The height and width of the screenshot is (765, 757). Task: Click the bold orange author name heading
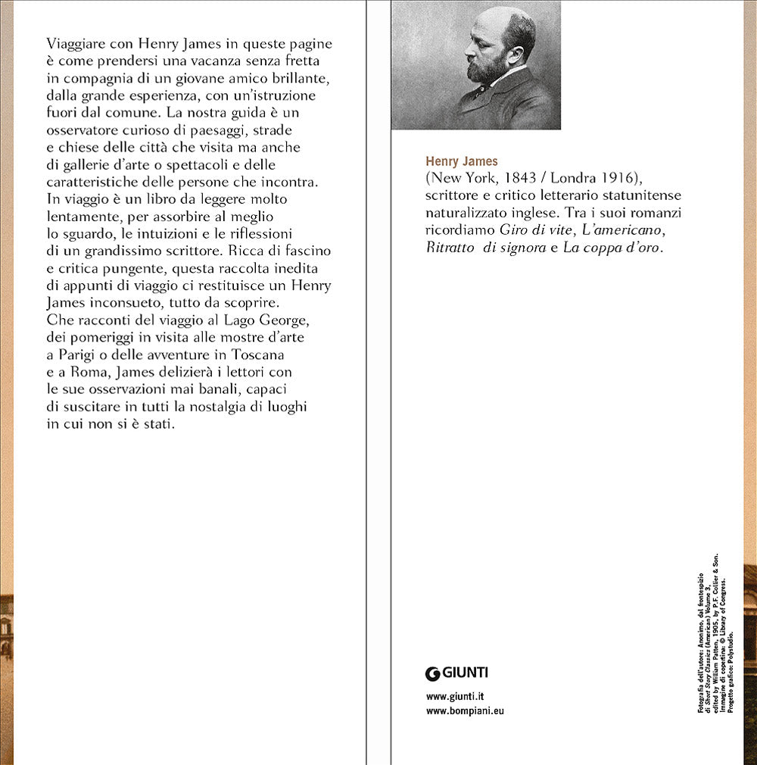pos(462,161)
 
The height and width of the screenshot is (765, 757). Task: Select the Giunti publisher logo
pos(456,672)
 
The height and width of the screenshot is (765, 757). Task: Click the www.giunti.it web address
pos(455,697)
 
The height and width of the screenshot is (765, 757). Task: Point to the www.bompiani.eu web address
pos(465,711)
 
